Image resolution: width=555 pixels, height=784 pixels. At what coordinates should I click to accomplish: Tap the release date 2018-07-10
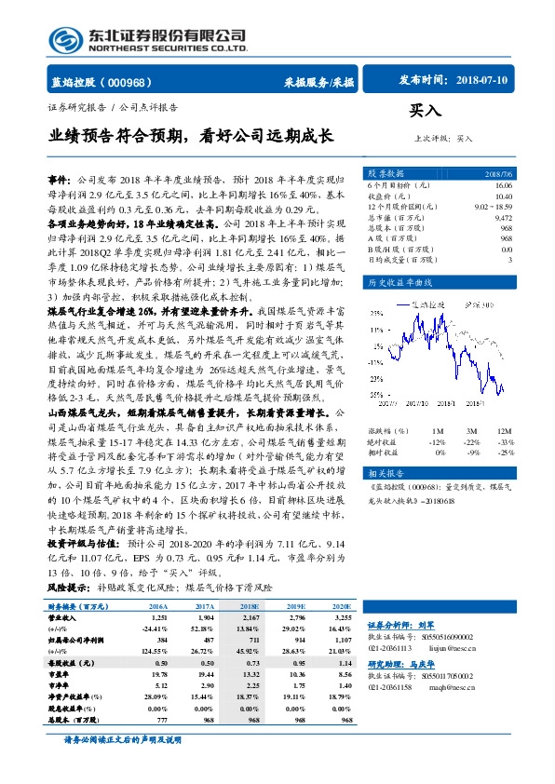pyautogui.click(x=484, y=81)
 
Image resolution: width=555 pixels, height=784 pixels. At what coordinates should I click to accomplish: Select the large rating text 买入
pyautogui.click(x=426, y=110)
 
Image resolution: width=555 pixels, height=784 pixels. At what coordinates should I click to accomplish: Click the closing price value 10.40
pyautogui.click(x=503, y=196)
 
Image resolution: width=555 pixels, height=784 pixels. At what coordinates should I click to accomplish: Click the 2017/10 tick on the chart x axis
pyautogui.click(x=418, y=404)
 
